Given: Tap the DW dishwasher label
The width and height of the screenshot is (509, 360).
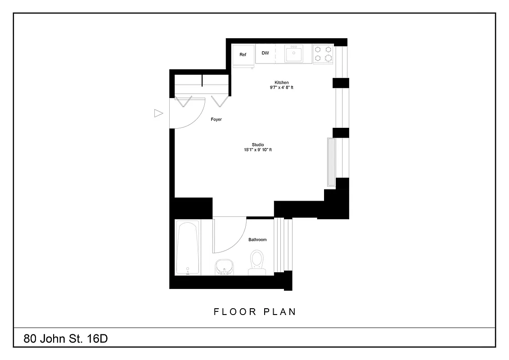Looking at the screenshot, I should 265,53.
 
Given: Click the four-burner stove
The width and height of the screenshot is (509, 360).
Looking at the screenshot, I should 323,54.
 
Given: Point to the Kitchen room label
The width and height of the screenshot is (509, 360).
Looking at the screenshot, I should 282,82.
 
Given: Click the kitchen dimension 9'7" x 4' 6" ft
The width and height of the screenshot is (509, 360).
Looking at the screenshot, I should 279,88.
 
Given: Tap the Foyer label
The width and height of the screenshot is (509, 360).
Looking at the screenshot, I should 216,120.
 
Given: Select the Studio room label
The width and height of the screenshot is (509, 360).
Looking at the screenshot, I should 258,144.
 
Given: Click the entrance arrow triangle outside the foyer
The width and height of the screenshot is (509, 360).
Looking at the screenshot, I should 158,113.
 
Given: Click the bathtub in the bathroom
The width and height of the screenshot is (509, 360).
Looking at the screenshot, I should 187,247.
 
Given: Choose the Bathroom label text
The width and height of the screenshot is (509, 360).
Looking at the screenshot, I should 257,240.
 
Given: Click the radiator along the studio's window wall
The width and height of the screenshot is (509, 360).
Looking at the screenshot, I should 331,162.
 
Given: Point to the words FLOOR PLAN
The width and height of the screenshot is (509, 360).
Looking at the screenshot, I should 255,311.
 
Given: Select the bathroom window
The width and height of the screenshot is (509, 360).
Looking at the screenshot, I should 284,245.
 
